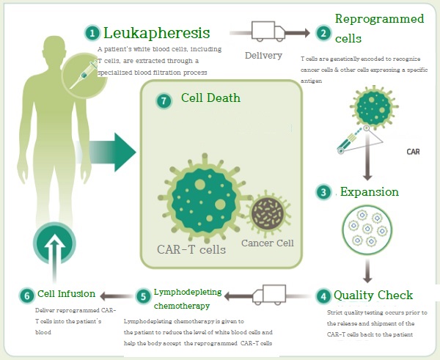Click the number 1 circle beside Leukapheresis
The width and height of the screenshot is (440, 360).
pos(92,33)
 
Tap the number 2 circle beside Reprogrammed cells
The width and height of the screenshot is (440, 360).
pos(323,33)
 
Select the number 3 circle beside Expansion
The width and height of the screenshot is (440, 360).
pos(323,192)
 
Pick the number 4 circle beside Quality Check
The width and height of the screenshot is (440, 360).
pos(323,296)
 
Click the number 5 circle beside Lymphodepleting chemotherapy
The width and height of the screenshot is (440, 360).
pos(143,296)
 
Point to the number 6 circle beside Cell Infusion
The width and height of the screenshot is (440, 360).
pos(27,295)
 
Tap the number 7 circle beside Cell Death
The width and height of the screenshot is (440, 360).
pos(164,100)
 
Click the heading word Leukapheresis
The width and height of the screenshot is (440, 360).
pos(157,33)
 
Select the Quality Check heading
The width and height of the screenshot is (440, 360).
pos(373,295)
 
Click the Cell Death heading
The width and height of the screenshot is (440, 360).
pos(210,98)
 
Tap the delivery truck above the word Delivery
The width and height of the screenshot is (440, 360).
pos(268,32)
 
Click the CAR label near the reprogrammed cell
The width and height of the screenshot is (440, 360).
pos(412,153)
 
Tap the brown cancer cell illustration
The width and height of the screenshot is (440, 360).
pos(267,213)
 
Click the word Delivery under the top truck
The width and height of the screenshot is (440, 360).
pos(263,56)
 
